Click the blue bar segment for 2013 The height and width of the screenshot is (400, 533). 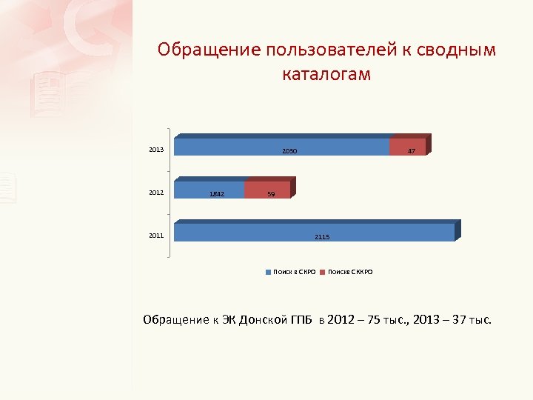[281, 147]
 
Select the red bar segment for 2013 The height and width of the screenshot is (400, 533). [407, 147]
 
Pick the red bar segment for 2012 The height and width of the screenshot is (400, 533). [267, 190]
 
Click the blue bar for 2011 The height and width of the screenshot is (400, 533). [314, 233]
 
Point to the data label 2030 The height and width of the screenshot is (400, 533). [289, 151]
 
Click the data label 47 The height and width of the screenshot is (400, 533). [412, 151]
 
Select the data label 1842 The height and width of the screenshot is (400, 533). [216, 194]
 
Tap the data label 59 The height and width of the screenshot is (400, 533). [271, 194]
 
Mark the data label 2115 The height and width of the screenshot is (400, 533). [322, 237]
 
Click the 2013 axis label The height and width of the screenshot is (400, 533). [156, 150]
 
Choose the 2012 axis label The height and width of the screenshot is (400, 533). [156, 193]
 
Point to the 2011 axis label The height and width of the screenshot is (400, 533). [156, 236]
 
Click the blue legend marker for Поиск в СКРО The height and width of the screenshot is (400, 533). [269, 273]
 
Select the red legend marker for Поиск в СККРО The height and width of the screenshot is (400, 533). [324, 273]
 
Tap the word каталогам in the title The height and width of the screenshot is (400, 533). [326, 75]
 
